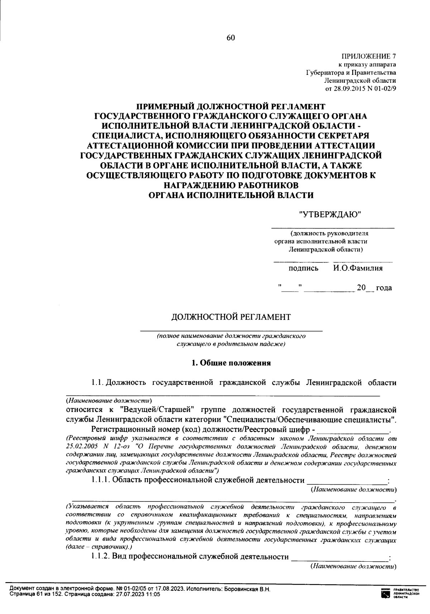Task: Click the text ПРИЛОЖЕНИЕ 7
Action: click(x=369, y=57)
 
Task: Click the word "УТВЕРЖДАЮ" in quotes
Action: click(x=330, y=215)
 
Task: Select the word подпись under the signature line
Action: click(x=303, y=268)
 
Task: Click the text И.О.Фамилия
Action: click(x=357, y=268)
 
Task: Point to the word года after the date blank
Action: click(x=384, y=288)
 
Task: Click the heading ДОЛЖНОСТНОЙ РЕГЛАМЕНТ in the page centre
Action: click(x=231, y=317)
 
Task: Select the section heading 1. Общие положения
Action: click(x=231, y=363)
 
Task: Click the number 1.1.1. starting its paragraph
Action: click(x=101, y=480)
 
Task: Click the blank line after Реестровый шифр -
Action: click(x=353, y=431)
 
